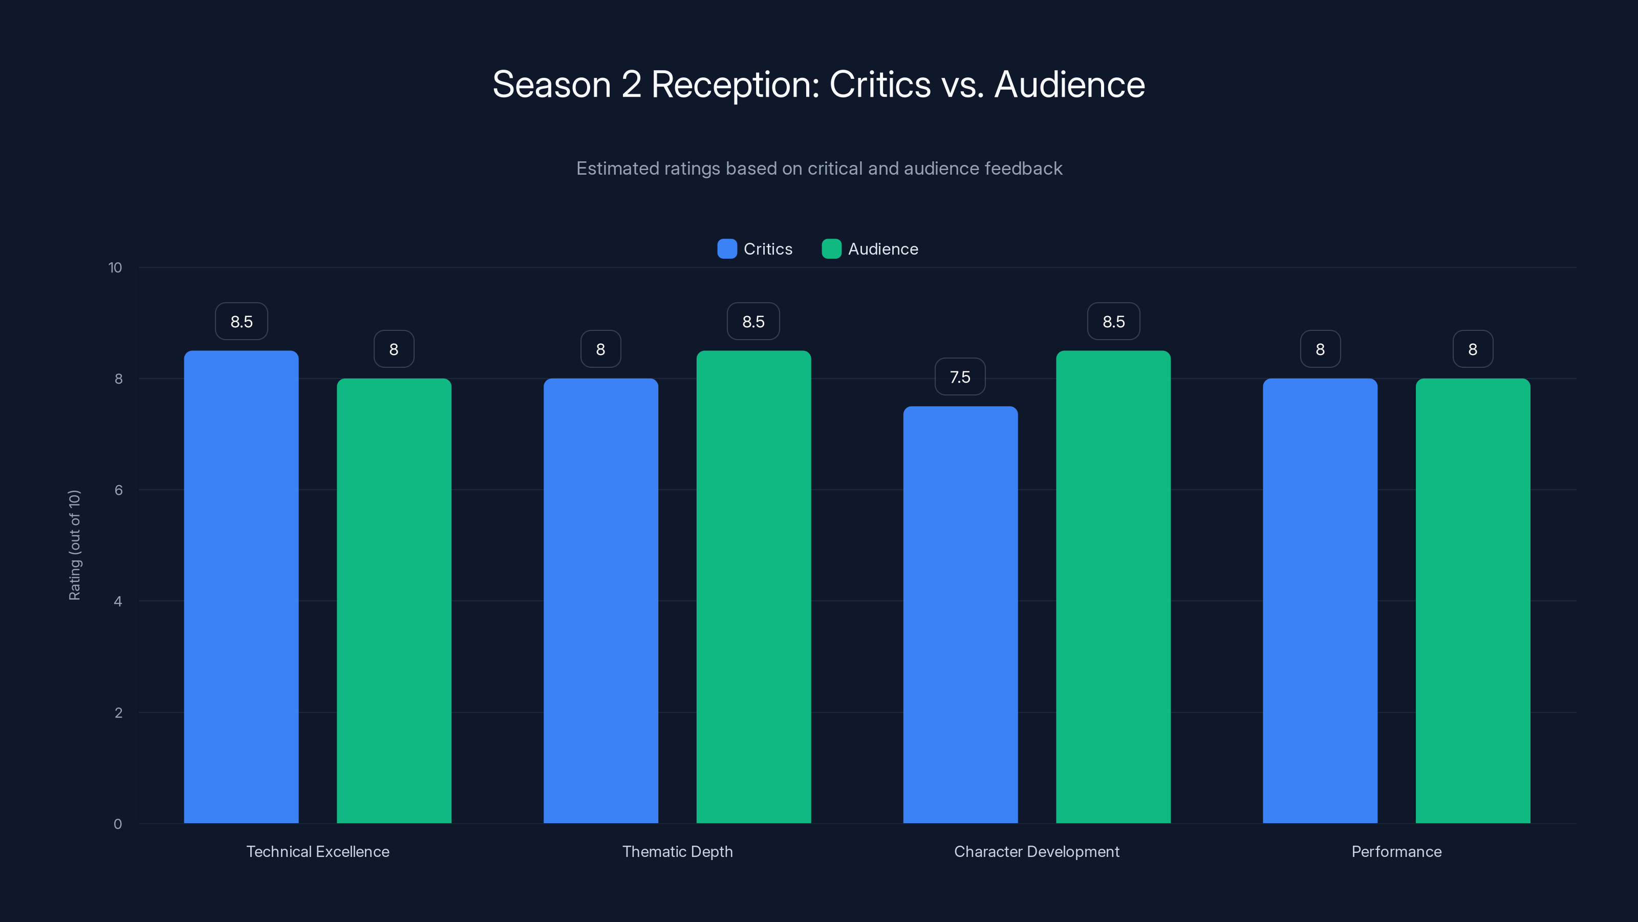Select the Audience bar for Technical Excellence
(x=394, y=601)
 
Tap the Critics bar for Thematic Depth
(x=600, y=601)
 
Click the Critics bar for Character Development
(x=960, y=615)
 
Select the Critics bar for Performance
(x=1320, y=601)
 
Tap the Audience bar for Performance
(x=1473, y=601)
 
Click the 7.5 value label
(x=960, y=376)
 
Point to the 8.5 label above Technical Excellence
(x=241, y=321)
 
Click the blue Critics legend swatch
(x=727, y=249)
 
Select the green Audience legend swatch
(x=831, y=249)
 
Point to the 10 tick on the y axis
(x=115, y=267)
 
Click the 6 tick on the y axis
(x=118, y=490)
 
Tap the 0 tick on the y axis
(x=118, y=824)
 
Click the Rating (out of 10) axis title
(x=74, y=544)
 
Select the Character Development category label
(x=1037, y=851)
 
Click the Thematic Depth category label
(x=677, y=851)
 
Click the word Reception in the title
(x=735, y=85)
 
